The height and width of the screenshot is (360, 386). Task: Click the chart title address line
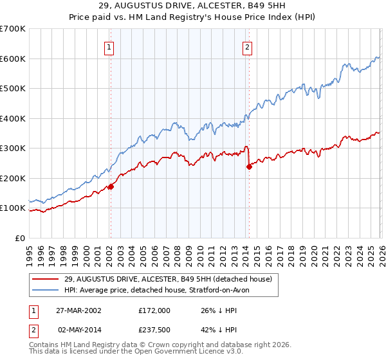(x=193, y=6)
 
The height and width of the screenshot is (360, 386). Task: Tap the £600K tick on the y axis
(x=13, y=59)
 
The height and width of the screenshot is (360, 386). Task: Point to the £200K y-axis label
(x=13, y=178)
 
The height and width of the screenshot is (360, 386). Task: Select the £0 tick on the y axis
(x=20, y=238)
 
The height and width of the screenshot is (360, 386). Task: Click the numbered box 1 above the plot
(x=109, y=46)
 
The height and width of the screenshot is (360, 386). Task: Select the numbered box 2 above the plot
(x=248, y=46)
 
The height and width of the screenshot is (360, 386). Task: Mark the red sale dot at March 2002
(x=111, y=186)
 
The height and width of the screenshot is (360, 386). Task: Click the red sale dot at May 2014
(x=248, y=166)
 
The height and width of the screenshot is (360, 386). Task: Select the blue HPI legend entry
(x=161, y=291)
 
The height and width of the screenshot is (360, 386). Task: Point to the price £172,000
(x=154, y=310)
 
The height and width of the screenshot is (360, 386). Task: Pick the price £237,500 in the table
(x=154, y=330)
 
